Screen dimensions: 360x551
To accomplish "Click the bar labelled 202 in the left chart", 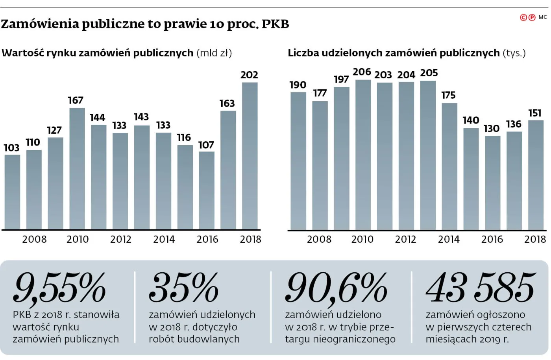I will point(250,156).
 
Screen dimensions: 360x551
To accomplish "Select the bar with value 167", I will point(77,168).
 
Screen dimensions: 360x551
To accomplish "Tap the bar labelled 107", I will point(207,190).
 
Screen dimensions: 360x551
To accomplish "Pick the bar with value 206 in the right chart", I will point(363,155).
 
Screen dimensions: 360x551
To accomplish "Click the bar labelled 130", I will point(492,183).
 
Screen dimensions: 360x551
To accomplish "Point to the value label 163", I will point(227,103).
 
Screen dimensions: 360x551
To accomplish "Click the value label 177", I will point(320,93).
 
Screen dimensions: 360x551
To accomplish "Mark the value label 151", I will point(535,113).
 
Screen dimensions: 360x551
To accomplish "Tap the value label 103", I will point(11,148).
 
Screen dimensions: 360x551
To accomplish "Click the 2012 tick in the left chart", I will point(120,239).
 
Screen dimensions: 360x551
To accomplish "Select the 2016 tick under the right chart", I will point(492,239).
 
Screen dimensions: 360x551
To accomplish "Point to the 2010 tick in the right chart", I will point(362,239).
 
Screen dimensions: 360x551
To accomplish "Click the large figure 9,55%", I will point(59,288).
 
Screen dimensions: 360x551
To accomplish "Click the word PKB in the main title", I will point(275,24).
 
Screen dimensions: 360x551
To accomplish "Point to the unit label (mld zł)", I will point(214,53).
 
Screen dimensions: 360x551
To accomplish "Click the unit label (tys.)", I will point(514,53).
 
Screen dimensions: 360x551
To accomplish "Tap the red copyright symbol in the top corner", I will point(523,17).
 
